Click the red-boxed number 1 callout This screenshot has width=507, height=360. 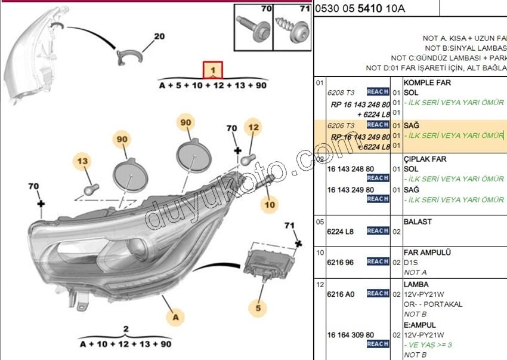tap(213, 70)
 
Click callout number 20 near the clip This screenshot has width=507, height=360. tap(159, 36)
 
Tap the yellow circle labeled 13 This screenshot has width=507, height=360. tap(82, 161)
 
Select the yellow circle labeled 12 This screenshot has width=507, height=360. tap(253, 127)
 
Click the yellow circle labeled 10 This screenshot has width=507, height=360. tap(270, 205)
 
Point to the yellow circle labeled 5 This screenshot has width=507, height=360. tap(258, 308)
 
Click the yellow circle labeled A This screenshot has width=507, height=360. tap(175, 318)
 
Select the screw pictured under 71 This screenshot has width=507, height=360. tap(293, 29)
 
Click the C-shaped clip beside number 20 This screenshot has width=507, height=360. tap(129, 57)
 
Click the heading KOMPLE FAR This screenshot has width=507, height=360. tap(427, 83)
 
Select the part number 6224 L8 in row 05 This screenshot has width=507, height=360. tap(341, 231)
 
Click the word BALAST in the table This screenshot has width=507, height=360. tap(418, 221)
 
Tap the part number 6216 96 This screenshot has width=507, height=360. tap(341, 262)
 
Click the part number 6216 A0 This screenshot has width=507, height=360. tap(341, 294)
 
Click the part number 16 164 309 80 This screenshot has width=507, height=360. tap(351, 335)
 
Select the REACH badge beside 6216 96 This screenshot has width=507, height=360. tap(378, 262)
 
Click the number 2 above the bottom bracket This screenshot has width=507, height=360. tap(126, 329)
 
